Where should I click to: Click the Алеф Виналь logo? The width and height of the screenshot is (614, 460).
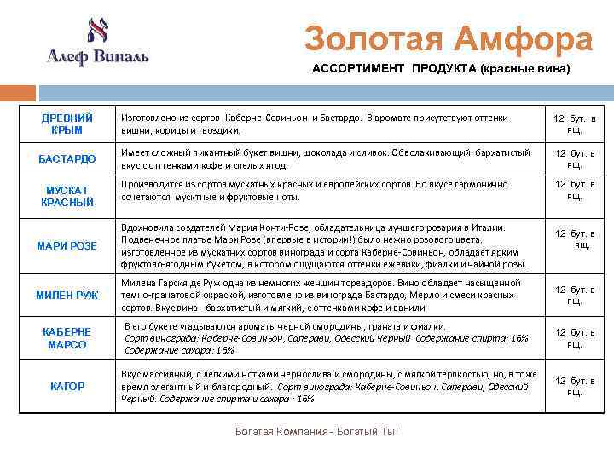96,43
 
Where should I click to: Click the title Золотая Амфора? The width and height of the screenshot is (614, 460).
449,39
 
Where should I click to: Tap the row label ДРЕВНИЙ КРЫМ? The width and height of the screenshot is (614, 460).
67,124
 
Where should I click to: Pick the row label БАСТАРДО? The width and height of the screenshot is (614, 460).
67,159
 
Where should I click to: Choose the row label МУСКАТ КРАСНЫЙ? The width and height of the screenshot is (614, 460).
67,196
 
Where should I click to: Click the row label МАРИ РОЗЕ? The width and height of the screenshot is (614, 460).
67,246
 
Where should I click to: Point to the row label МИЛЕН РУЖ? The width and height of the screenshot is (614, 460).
67,295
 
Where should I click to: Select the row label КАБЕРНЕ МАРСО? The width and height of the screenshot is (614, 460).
67,338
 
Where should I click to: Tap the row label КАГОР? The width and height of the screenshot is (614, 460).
67,386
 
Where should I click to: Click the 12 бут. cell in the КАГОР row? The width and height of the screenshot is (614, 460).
575,386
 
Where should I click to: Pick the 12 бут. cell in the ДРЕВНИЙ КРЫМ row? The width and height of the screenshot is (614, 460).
575,124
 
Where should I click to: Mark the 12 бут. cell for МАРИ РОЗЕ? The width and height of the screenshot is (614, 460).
575,239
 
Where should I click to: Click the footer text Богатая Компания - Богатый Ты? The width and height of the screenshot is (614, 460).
316,432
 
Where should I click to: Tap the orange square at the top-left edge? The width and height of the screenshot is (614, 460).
8,92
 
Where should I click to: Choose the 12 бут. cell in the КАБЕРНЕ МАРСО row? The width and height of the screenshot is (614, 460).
575,338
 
